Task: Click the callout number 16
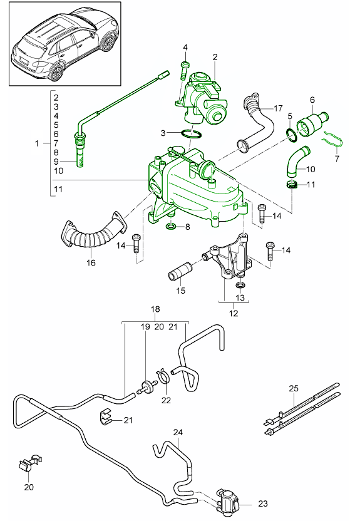[91, 263]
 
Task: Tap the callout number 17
[278, 108]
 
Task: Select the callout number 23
[262, 502]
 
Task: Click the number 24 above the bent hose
[178, 432]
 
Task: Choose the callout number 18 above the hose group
[155, 309]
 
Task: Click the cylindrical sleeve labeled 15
[180, 276]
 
